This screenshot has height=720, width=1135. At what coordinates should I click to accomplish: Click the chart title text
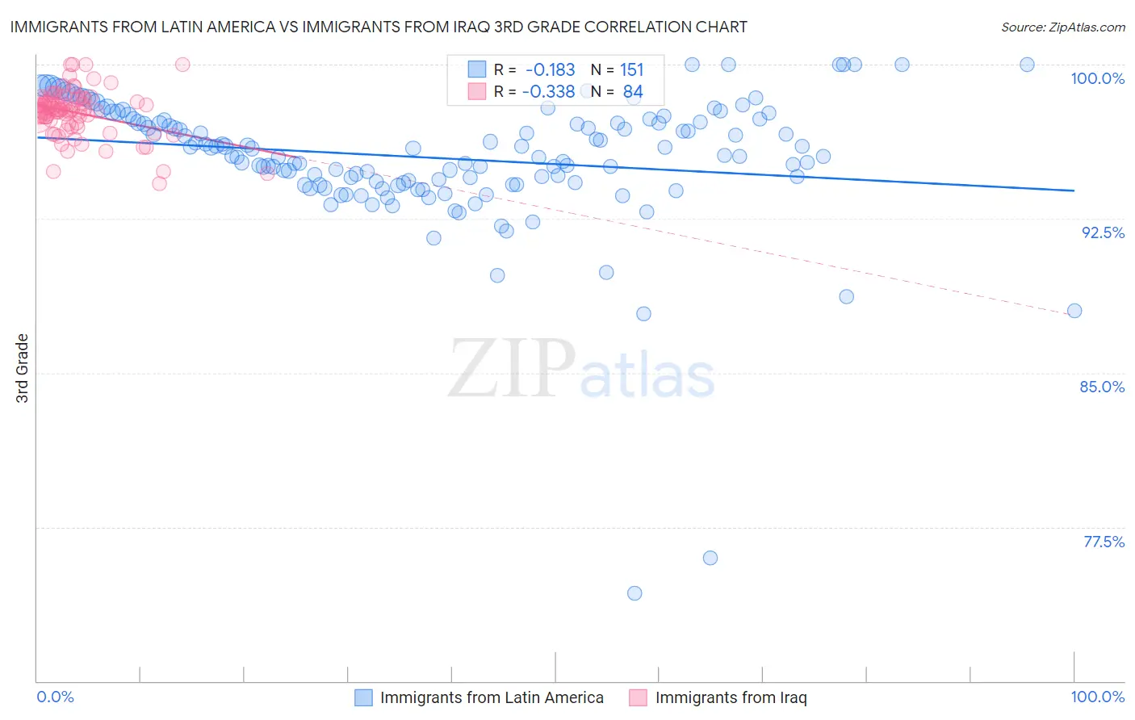point(379,27)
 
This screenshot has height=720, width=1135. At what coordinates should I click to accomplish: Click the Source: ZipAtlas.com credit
point(1062,27)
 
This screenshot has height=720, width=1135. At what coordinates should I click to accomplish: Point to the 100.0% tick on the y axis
point(1097,78)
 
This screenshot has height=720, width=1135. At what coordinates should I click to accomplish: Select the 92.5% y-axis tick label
point(1103,232)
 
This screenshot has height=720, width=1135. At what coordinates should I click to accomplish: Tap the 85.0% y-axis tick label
point(1102,387)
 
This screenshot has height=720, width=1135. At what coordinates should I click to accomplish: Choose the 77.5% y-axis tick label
point(1104,542)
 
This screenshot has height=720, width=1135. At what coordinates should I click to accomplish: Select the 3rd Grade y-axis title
point(23,368)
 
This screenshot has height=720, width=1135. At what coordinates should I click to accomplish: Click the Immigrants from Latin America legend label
point(492,698)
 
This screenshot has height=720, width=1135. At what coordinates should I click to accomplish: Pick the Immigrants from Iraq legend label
point(731,698)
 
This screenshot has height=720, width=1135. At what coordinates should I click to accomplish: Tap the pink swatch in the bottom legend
point(639,698)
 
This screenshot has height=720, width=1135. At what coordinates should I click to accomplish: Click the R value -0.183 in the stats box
point(550,70)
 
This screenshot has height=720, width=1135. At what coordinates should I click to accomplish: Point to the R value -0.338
point(548,92)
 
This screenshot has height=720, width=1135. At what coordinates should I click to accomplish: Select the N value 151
point(631,70)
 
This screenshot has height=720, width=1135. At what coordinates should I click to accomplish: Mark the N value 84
point(633,92)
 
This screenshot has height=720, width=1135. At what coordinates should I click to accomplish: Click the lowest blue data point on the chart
point(635,593)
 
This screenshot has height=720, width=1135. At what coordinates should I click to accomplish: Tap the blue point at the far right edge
point(1074,311)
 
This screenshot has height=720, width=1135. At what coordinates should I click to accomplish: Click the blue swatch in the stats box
point(477,70)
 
